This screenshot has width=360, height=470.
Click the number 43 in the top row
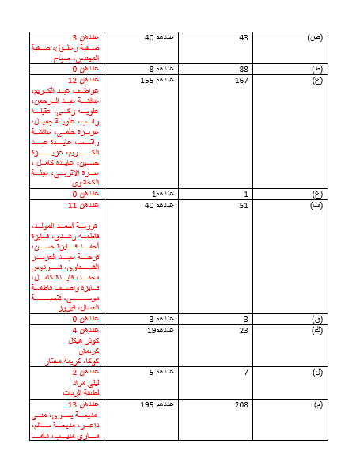click(x=244, y=38)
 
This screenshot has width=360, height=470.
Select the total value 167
click(x=242, y=81)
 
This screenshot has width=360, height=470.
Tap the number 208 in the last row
click(x=242, y=405)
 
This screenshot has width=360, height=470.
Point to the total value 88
click(x=244, y=69)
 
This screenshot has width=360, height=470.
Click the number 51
click(x=244, y=206)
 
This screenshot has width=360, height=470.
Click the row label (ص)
click(x=314, y=38)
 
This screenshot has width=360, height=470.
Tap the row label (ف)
click(x=315, y=206)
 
